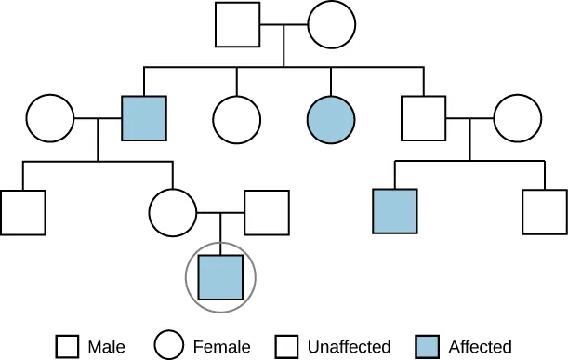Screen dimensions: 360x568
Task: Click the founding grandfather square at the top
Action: click(238, 25)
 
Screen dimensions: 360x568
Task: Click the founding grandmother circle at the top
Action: click(331, 25)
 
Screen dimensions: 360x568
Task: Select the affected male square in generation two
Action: click(145, 118)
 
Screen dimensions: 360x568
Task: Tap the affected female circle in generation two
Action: click(331, 118)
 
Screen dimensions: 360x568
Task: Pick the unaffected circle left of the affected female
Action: click(237, 118)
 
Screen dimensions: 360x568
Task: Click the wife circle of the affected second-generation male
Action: click(50, 118)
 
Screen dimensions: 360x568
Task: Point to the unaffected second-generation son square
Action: click(424, 118)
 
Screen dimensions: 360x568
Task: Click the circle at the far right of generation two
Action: click(517, 118)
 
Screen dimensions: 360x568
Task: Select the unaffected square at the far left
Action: click(23, 212)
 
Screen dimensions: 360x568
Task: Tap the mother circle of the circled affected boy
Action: click(173, 212)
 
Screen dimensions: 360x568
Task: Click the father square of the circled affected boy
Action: click(267, 212)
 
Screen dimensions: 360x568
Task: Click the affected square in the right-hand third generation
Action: click(395, 212)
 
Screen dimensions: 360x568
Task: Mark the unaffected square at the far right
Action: click(545, 212)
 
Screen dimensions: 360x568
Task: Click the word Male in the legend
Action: click(106, 347)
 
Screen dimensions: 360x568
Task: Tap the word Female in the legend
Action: click(221, 347)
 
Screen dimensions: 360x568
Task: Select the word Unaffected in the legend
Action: click(350, 347)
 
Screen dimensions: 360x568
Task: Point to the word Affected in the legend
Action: click(480, 347)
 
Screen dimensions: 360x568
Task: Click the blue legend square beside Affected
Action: click(425, 346)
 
